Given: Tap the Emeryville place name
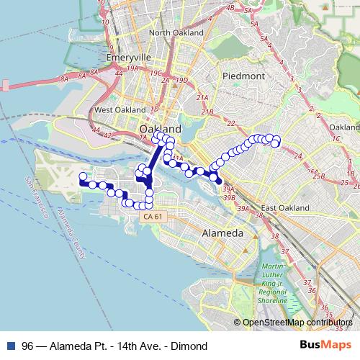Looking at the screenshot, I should coord(126,57).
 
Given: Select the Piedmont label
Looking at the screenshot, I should coord(244,76).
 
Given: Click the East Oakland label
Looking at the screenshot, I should coord(284,209).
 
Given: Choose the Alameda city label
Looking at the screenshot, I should coord(223,234).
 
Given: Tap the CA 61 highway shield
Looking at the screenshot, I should coord(152,216).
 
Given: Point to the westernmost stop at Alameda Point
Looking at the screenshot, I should coord(83,176).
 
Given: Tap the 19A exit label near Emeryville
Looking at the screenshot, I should coord(132,69).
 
